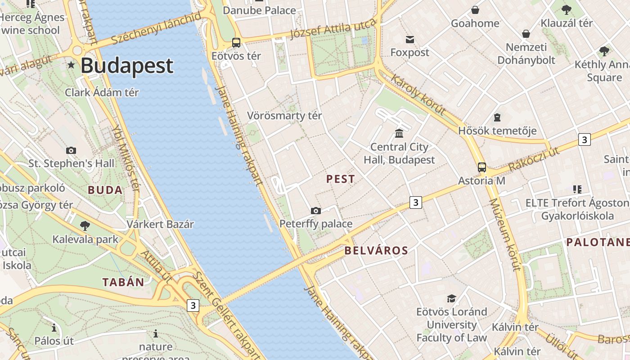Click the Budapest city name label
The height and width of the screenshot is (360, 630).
pyautogui.click(x=127, y=65)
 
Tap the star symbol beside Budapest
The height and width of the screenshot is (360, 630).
pyautogui.click(x=71, y=65)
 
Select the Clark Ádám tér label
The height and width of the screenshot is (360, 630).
pyautogui.click(x=102, y=93)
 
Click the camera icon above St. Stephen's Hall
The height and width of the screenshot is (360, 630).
pyautogui.click(x=71, y=150)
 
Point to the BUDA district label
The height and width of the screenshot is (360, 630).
pyautogui.click(x=105, y=190)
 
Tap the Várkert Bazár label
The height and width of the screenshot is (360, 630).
pyautogui.click(x=160, y=224)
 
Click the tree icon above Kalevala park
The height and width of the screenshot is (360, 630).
pyautogui.click(x=85, y=225)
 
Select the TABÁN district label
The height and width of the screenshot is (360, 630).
pyautogui.click(x=123, y=283)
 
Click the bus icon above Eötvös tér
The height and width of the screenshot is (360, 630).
pyautogui.click(x=236, y=43)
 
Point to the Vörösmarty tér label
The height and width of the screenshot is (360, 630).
pyautogui.click(x=284, y=116)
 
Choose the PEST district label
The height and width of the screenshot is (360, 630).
pyautogui.click(x=341, y=179)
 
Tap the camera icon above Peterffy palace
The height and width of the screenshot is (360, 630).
pyautogui.click(x=316, y=211)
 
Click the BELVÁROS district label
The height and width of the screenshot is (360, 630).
pyautogui.click(x=376, y=251)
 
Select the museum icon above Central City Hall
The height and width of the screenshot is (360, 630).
pyautogui.click(x=399, y=133)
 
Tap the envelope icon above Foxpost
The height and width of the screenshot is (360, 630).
pyautogui.click(x=410, y=40)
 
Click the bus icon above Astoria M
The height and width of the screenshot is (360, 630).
pyautogui.click(x=482, y=167)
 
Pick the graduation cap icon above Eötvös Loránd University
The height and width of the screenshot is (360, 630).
pyautogui.click(x=451, y=298)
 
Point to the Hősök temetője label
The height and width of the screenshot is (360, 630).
pyautogui.click(x=497, y=131)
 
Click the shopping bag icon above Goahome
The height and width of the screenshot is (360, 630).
pyautogui.click(x=475, y=10)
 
